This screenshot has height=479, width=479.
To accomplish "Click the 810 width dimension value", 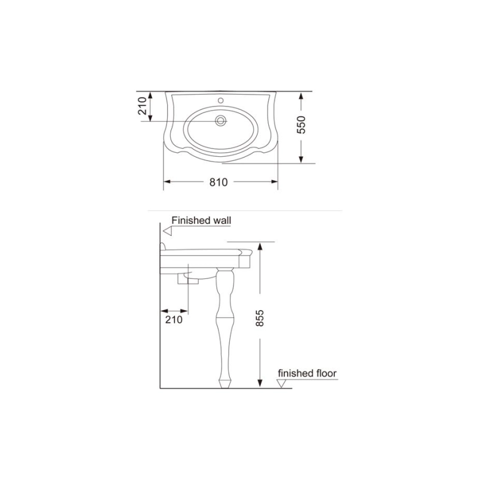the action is pyautogui.click(x=219, y=182).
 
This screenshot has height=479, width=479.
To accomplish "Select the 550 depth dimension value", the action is pyautogui.click(x=301, y=125).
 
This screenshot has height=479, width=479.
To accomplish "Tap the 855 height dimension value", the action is pyautogui.click(x=259, y=319).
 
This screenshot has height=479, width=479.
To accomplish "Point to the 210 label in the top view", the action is pyautogui.click(x=143, y=106).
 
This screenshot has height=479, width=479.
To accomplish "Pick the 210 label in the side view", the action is pyautogui.click(x=174, y=320).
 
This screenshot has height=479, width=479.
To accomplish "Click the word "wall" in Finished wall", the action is pyautogui.click(x=220, y=220).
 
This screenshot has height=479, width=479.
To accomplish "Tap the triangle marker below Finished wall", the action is pyautogui.click(x=168, y=231).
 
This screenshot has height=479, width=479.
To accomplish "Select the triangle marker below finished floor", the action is pyautogui.click(x=281, y=383).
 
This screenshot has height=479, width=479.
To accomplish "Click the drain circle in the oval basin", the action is pyautogui.click(x=220, y=120).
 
